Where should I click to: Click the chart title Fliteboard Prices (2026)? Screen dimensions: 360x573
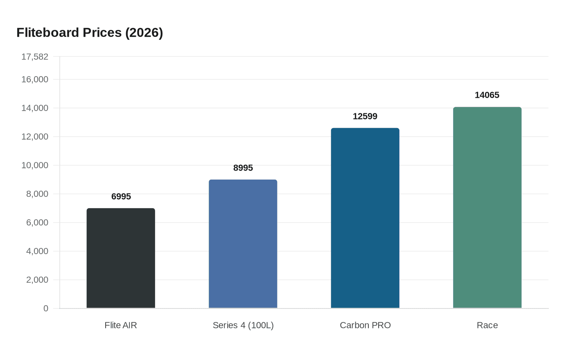[90, 33]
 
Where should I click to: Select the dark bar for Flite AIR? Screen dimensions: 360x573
[121, 258]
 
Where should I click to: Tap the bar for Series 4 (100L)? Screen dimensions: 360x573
[243, 244]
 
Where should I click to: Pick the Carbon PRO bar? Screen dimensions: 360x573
[365, 218]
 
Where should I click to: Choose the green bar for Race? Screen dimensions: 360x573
[487, 207]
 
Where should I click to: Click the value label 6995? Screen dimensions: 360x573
[121, 197]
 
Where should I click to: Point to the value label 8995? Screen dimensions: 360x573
[243, 168]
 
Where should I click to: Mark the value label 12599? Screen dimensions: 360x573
[365, 117]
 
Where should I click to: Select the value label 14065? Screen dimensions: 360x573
[487, 95]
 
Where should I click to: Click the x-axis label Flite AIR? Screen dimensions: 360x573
[121, 325]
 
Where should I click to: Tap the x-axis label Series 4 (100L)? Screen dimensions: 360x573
[243, 325]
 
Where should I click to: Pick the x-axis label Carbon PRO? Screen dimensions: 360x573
[365, 325]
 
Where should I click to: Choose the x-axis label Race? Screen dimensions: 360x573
[487, 325]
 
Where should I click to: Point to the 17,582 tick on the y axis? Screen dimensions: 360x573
[35, 57]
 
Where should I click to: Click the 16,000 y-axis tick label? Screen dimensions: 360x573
[35, 79]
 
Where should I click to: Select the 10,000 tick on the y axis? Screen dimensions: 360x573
[35, 165]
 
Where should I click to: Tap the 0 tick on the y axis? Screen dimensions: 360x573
[46, 308]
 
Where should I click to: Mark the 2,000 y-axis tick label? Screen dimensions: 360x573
[37, 280]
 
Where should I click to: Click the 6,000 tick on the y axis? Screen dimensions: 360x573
[37, 223]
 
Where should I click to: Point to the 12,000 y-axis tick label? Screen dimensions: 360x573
[35, 137]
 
